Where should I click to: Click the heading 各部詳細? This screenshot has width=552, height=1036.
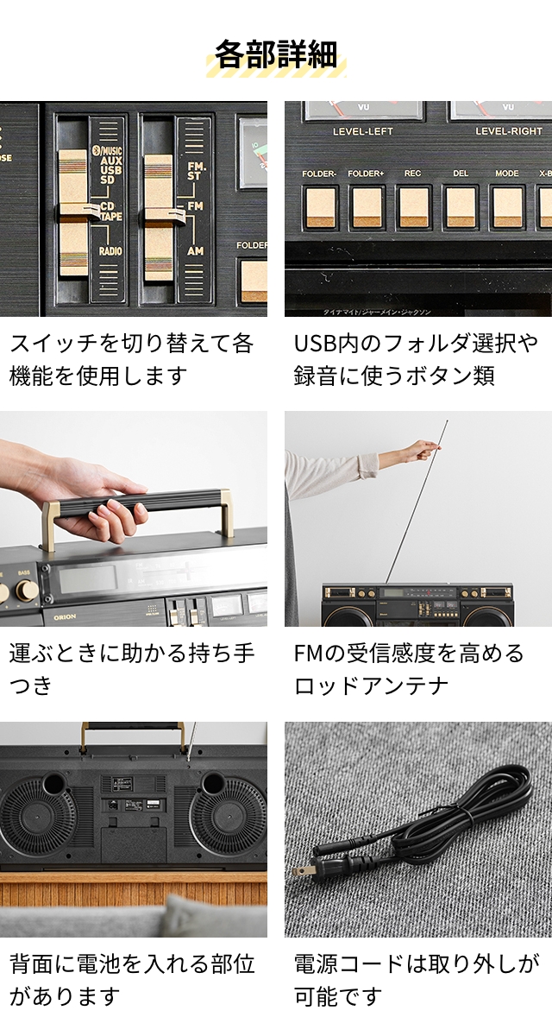coord(276,54)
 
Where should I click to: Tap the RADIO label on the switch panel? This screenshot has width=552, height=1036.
coord(110,251)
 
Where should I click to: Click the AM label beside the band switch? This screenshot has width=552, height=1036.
coord(196,250)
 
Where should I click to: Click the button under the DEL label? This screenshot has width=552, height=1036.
coord(461,207)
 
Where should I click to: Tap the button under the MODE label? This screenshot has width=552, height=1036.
coord(507,207)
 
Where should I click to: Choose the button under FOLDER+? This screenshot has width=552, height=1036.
coord(367,207)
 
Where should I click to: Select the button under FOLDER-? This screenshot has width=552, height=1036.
coord(320,207)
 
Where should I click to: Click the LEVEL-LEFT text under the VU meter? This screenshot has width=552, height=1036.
coord(362,131)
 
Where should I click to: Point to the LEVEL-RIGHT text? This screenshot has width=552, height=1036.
coord(509,131)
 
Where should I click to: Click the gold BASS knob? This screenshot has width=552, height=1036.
coord(27,591)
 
